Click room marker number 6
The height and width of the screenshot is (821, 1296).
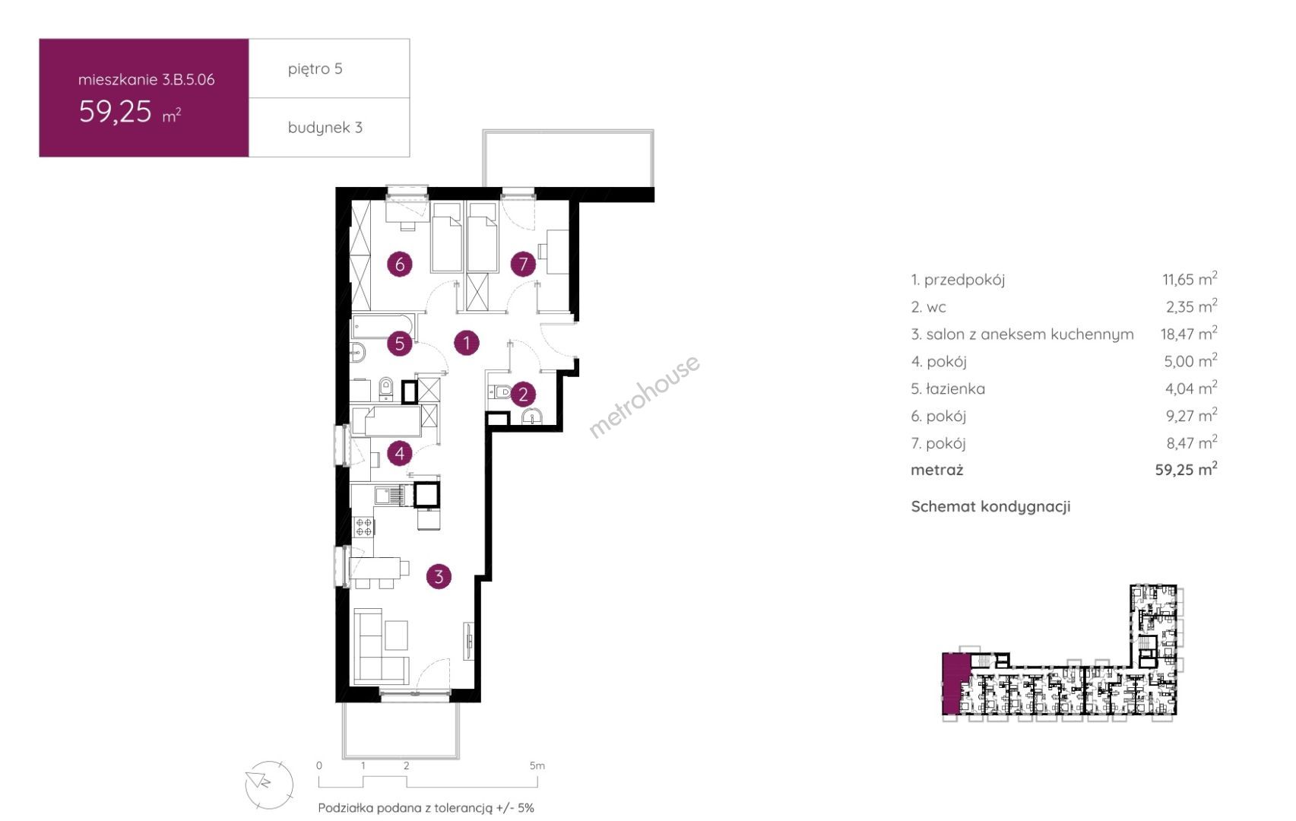(x=400, y=265)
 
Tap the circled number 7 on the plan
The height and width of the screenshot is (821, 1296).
(x=523, y=265)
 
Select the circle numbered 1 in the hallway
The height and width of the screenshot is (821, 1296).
(x=466, y=343)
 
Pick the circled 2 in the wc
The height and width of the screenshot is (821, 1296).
(x=523, y=395)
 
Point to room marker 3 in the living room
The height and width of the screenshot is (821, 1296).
(x=439, y=576)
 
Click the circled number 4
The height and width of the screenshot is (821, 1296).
(x=400, y=453)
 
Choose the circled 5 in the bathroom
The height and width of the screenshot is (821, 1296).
(x=400, y=344)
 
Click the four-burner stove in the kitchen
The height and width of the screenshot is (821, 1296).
(x=364, y=527)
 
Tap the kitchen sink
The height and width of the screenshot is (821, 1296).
(x=391, y=496)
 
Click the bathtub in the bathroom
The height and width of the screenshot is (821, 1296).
(x=382, y=326)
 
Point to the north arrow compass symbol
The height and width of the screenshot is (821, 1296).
(x=269, y=785)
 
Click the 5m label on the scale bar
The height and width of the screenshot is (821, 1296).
(x=537, y=766)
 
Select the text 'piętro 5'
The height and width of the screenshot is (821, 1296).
(x=315, y=69)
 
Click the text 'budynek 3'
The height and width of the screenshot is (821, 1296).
(x=325, y=127)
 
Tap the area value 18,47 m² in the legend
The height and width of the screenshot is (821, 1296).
(x=1189, y=333)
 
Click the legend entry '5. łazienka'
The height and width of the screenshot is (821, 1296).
(x=948, y=388)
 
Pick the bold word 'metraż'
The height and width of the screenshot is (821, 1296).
(x=936, y=470)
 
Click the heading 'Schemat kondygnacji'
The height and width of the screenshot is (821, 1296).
(x=990, y=506)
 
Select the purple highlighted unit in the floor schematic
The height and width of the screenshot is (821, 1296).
(x=955, y=684)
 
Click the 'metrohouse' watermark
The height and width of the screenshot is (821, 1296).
(x=644, y=397)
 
